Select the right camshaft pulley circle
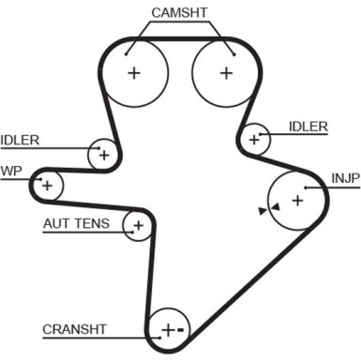tap(225, 72)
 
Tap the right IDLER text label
tap(308, 127)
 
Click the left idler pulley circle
tap(103, 154)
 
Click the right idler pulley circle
tap(254, 139)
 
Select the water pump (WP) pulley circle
tap(45, 185)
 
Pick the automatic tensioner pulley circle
tap(139, 225)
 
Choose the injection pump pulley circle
tap(296, 199)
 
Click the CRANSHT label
tap(74, 329)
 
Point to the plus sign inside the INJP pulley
tap(297, 199)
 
